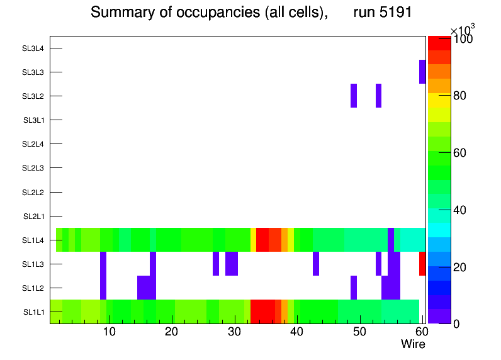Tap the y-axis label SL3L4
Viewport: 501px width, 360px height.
[33, 48]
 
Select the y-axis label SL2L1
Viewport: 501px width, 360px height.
[34, 217]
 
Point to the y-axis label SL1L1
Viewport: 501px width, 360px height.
[34, 312]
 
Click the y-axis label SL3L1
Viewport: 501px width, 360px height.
[34, 120]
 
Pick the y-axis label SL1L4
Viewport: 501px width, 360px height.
[34, 240]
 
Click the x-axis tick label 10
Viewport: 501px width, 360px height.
[110, 332]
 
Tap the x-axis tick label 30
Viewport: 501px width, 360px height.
[234, 332]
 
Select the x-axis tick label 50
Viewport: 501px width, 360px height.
[359, 332]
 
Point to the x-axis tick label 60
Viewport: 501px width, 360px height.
[421, 332]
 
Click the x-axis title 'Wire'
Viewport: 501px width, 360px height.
[413, 344]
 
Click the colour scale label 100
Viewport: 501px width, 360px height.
[463, 39]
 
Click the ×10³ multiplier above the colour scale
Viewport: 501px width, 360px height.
[463, 30]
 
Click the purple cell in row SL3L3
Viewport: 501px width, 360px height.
[422, 72]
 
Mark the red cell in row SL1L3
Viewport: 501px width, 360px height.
[422, 264]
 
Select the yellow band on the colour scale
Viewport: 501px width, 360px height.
[439, 100]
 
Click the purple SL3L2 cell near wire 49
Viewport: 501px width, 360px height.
[354, 96]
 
